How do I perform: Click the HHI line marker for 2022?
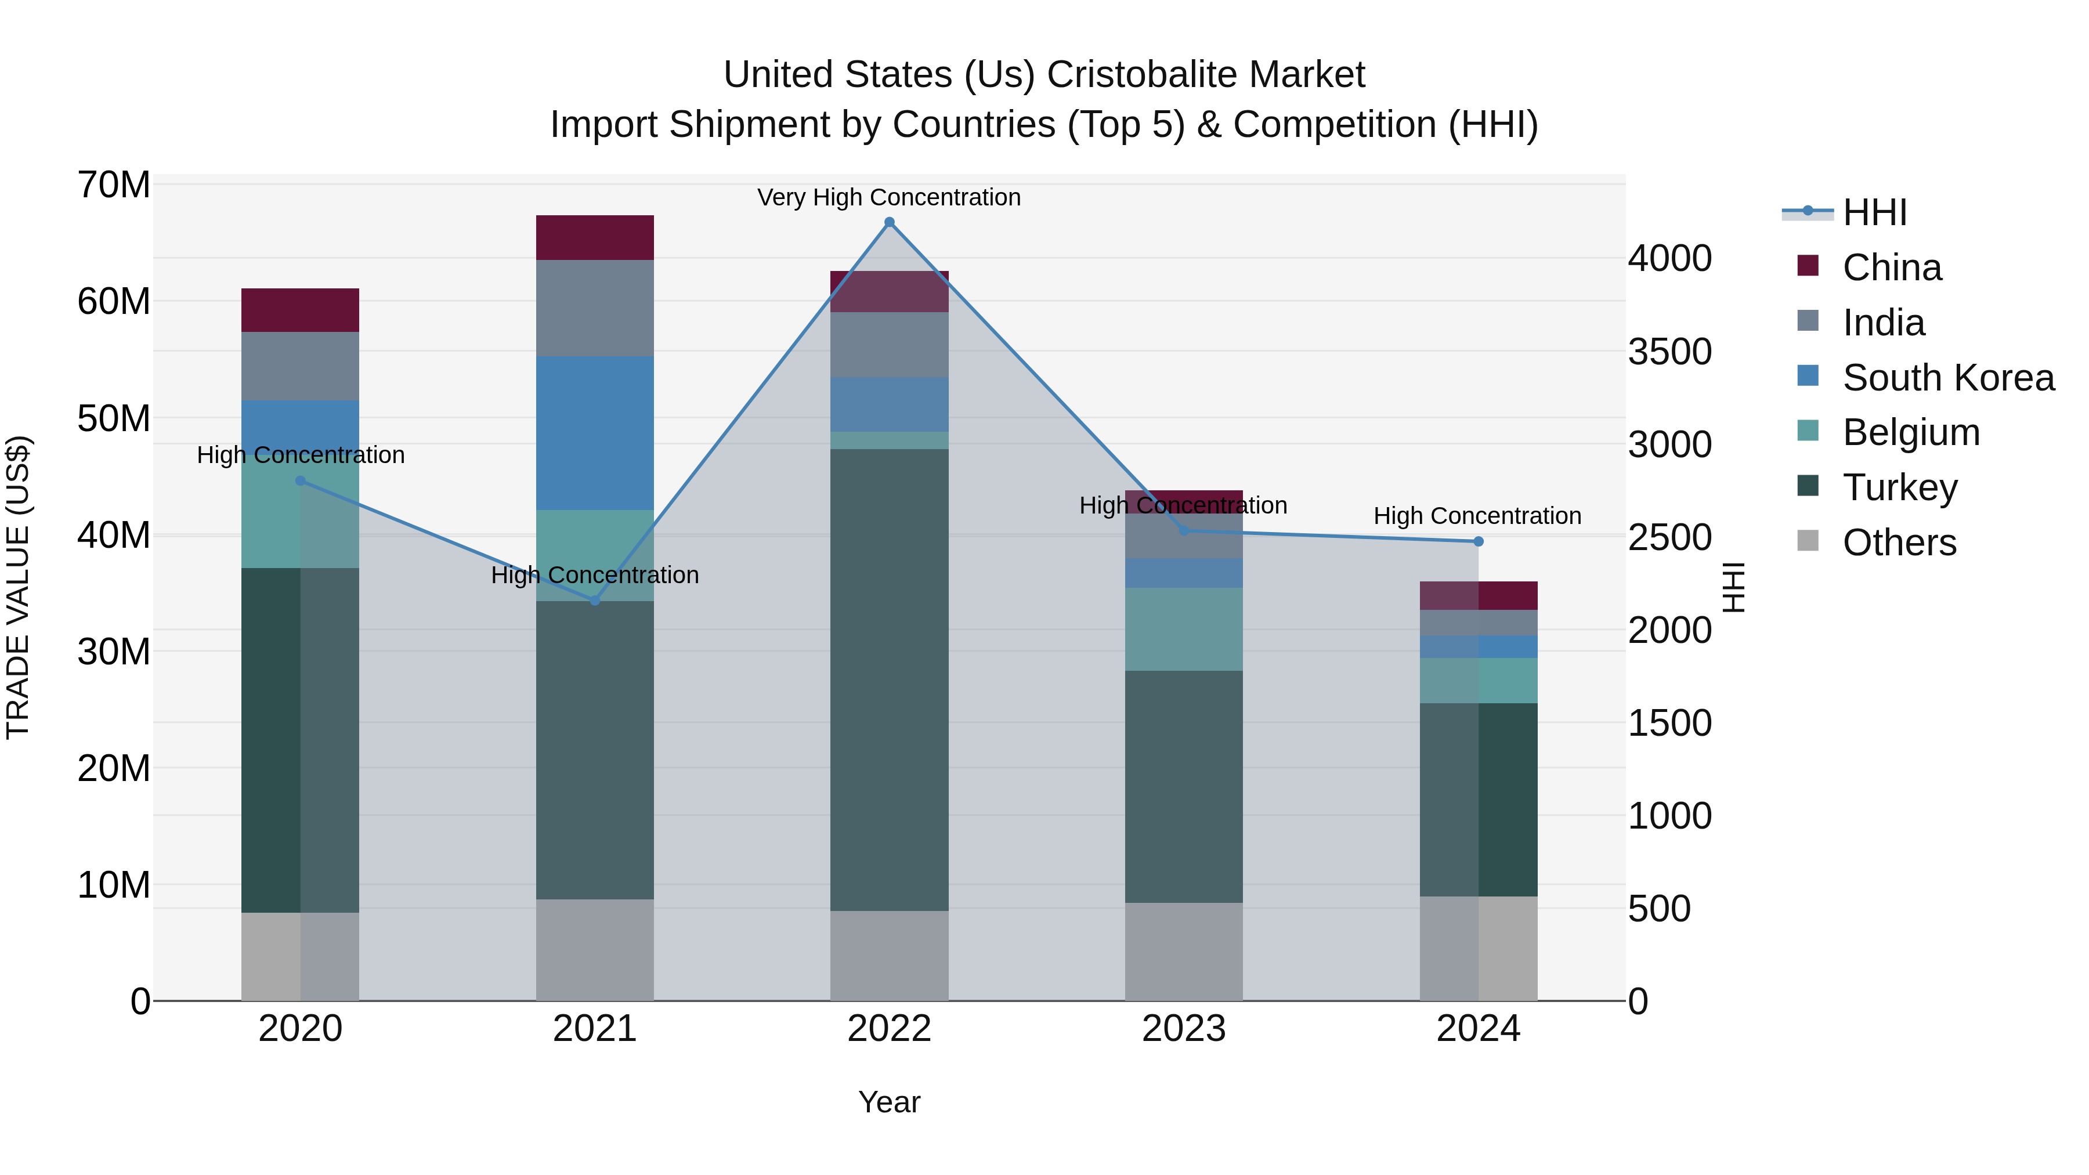889,222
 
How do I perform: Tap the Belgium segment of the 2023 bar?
1183,629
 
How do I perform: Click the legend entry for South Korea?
1946,378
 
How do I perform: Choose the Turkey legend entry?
1898,487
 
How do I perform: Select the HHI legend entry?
1873,212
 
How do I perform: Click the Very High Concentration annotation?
889,197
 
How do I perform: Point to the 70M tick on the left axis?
114,185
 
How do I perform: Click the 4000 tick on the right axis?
1669,259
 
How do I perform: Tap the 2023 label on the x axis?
1183,1029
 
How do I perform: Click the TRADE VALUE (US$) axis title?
19,587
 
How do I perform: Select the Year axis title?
889,1102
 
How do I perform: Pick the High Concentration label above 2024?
1477,516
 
